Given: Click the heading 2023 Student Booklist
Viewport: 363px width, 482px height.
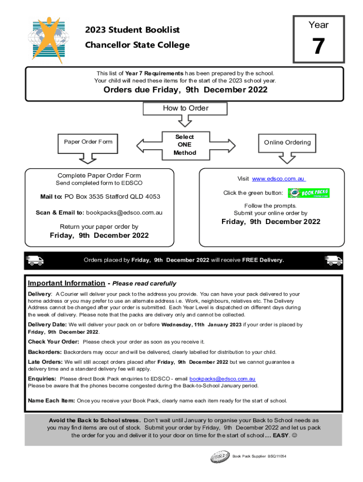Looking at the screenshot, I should click(x=132, y=30).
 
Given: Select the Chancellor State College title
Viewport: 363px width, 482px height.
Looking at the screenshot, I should click(x=137, y=45).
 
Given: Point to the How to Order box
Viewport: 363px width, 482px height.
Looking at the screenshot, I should click(x=185, y=108).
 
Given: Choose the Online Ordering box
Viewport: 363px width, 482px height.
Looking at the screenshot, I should click(x=287, y=142).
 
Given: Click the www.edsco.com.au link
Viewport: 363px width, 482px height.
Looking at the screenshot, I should click(x=279, y=179).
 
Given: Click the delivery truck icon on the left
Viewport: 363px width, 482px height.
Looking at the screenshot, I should click(x=35, y=260).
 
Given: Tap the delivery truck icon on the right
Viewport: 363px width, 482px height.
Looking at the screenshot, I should click(x=334, y=260).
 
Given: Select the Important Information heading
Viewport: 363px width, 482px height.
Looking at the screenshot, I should click(x=66, y=283).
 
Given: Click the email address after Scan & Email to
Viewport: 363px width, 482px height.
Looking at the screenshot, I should click(x=124, y=213).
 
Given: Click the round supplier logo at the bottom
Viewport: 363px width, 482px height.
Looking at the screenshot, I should click(x=220, y=456).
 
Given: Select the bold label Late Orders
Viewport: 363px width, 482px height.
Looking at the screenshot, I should click(x=45, y=362).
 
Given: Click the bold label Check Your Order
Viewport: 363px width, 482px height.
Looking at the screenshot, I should click(x=54, y=342).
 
